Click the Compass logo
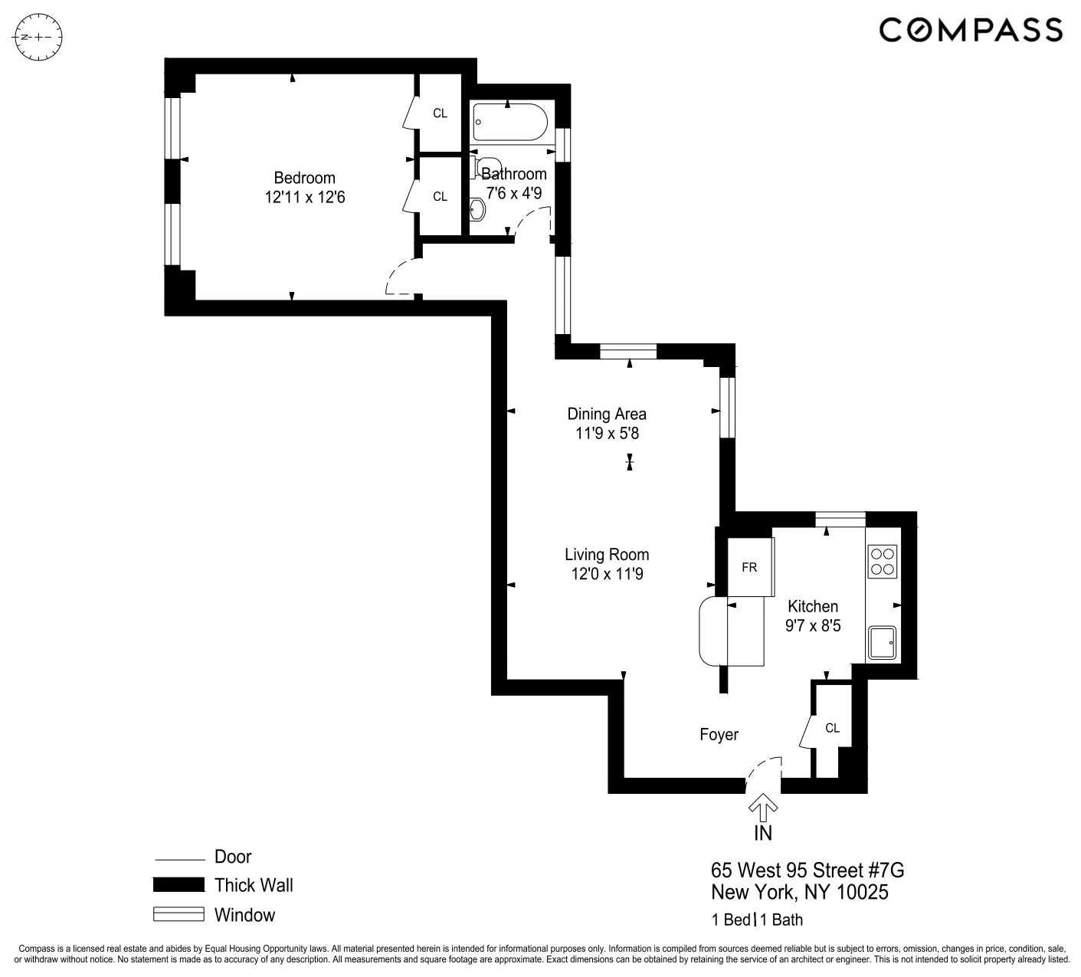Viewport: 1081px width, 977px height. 971,30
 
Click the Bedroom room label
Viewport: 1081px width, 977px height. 304,178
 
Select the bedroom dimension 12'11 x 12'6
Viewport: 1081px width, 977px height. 304,198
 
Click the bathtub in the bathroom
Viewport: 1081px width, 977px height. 510,123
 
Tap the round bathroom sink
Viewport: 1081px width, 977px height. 477,208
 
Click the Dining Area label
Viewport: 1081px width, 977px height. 606,414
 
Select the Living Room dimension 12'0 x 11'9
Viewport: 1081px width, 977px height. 606,574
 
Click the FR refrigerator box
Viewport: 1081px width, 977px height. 749,567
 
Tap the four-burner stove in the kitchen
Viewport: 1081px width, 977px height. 883,561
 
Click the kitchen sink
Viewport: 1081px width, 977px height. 883,642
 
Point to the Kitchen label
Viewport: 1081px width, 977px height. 812,606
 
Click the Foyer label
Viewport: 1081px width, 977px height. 719,735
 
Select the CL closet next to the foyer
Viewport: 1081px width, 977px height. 832,728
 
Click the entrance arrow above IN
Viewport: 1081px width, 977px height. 763,806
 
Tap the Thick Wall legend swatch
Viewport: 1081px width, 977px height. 179,885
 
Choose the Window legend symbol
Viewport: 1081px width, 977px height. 179,914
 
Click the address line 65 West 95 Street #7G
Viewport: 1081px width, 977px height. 807,870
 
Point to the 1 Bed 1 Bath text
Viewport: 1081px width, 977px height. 757,920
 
